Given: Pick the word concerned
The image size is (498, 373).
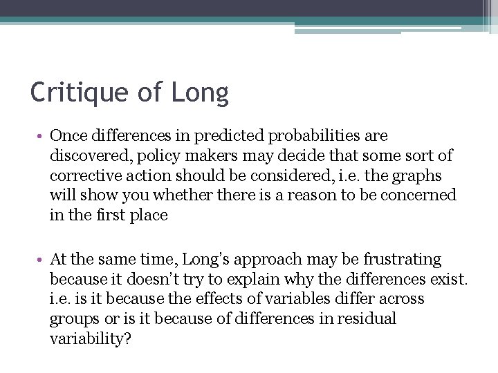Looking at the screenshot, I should click(418, 195).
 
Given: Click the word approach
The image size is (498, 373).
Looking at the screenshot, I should click(266, 260).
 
